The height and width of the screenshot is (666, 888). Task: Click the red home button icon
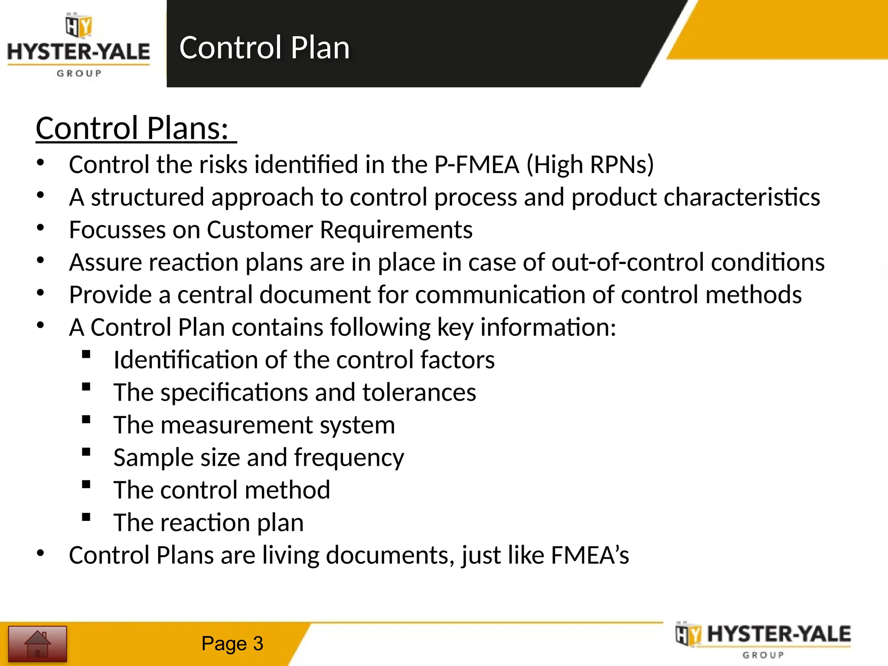point(38,643)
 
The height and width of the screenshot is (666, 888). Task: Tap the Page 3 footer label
point(232,643)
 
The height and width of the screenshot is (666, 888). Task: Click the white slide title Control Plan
point(264,47)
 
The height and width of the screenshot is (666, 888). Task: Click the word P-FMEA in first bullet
point(477,165)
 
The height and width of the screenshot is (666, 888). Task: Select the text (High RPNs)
point(590,165)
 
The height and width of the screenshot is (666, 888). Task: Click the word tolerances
point(419,392)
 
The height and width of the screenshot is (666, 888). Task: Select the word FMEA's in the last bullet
point(590,555)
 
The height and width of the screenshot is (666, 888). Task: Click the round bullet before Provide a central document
point(40,293)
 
